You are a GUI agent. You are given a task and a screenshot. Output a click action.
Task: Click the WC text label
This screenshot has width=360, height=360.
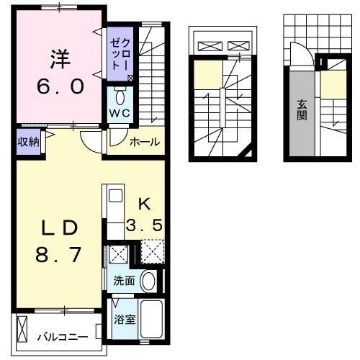coord(119,114)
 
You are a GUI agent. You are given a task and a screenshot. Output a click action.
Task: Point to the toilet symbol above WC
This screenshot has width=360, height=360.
coord(120,98)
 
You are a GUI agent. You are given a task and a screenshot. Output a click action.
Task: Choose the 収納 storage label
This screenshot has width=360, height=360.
coord(28,141)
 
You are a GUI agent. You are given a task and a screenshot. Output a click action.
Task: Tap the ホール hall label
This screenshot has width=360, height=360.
coord(145,143)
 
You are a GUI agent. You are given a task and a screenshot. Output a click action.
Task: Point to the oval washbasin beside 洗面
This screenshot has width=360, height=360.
coord(148,282)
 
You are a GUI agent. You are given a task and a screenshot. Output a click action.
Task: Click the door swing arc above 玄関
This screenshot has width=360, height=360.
coord(300,53)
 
